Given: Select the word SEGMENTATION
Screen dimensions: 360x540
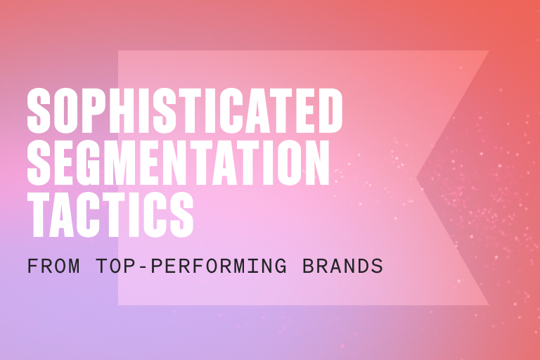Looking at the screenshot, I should click(179, 162).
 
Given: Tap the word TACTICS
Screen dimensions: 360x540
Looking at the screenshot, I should click(110, 212).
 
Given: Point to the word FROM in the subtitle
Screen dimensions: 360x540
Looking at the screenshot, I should click(51, 267).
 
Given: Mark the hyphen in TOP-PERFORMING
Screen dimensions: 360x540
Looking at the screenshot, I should click(134, 268).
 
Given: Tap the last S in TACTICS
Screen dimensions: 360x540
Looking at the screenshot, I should click(180, 212).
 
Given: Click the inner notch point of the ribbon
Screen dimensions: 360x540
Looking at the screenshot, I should click(417, 178).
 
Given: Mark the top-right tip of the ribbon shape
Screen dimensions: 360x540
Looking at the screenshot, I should click(489, 51).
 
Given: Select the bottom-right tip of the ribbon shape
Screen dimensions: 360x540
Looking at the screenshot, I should click(489, 305).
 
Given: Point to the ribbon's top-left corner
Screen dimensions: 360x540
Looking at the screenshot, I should click(119, 51).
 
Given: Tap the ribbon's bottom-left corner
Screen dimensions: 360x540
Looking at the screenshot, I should click(119, 304).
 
